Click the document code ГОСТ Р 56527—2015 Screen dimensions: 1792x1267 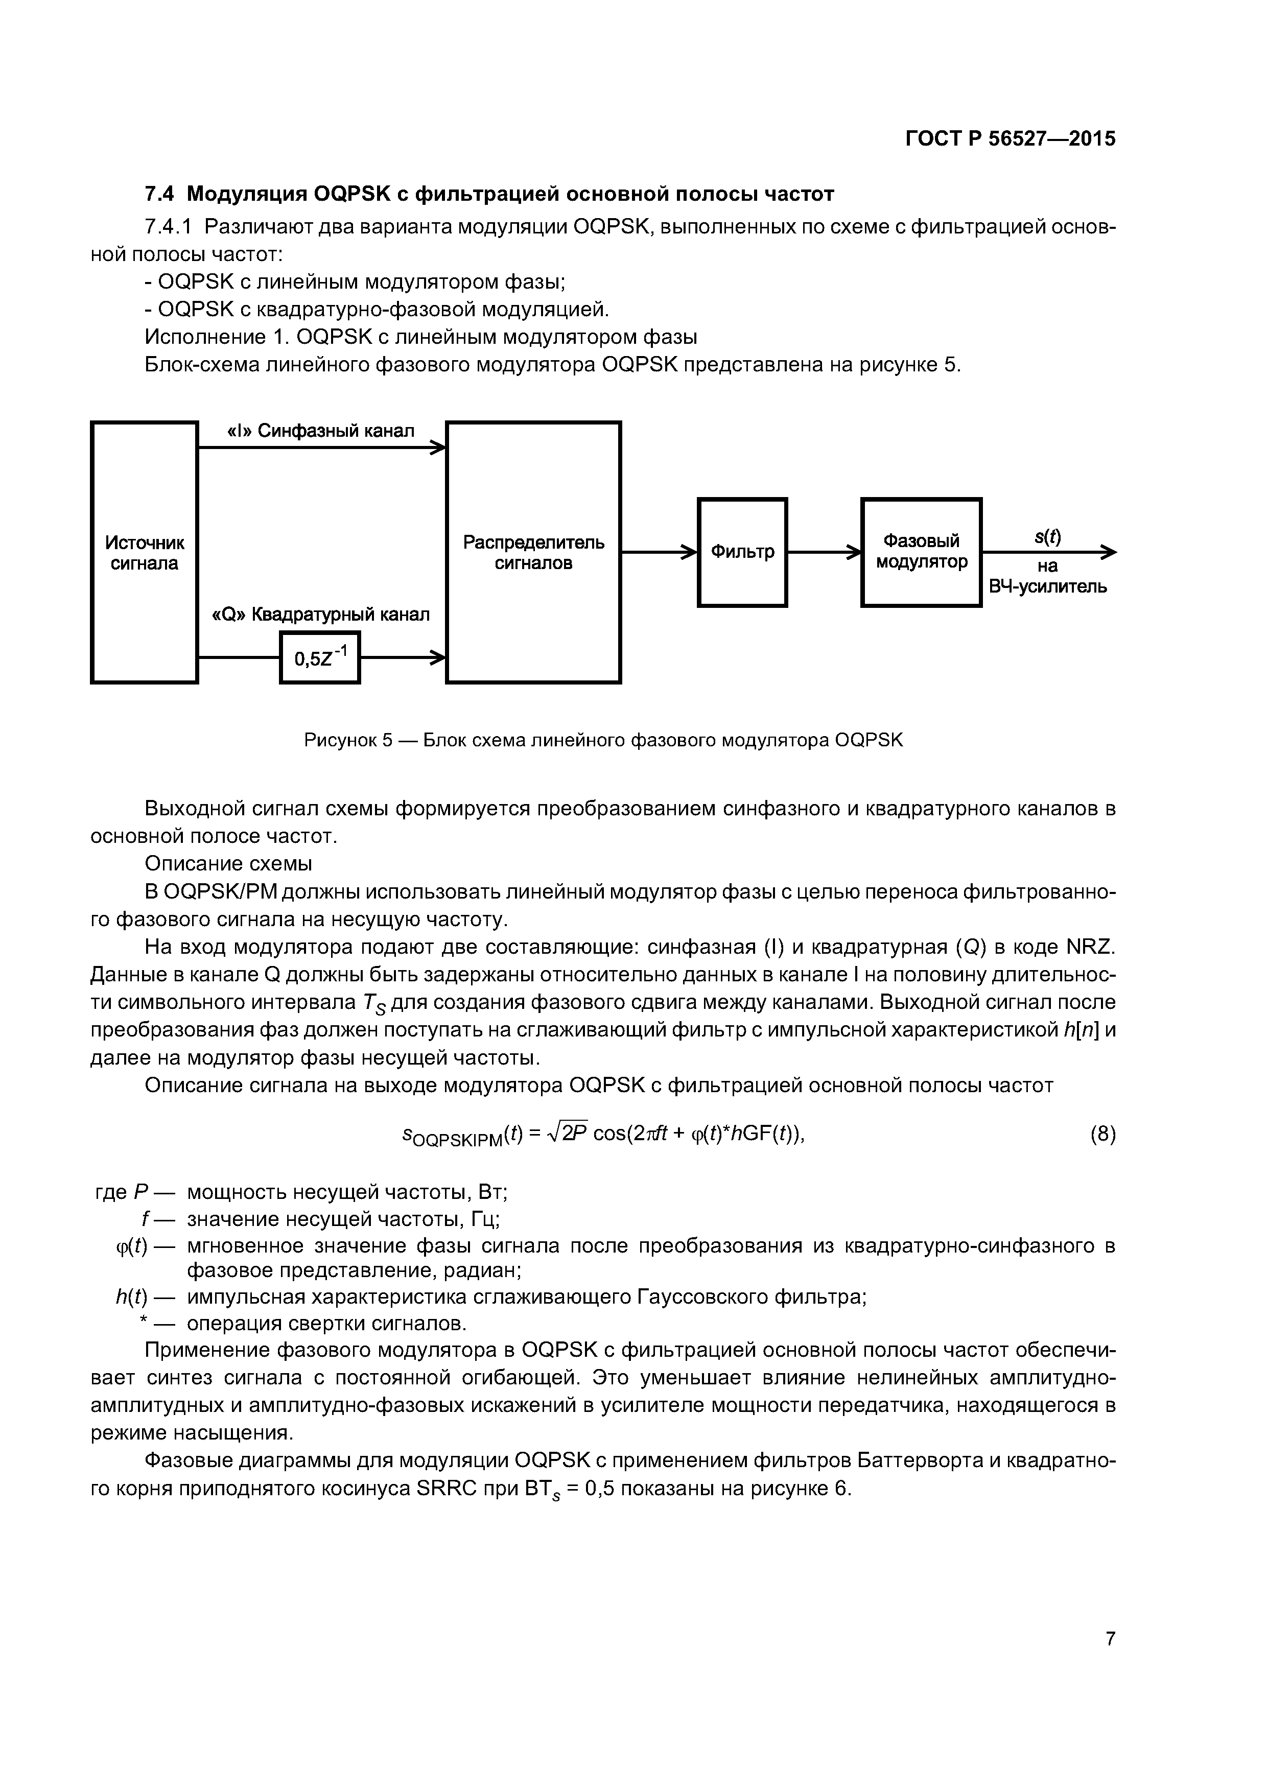[1010, 139]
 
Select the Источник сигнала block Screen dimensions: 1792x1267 [145, 553]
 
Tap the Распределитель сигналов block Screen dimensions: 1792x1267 [533, 553]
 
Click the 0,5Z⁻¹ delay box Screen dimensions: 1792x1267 [319, 658]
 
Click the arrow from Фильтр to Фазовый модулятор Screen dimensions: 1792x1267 [824, 553]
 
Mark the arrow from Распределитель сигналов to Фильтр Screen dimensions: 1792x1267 [659, 553]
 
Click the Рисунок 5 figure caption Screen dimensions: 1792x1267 [603, 740]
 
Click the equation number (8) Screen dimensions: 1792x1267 [1102, 1133]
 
